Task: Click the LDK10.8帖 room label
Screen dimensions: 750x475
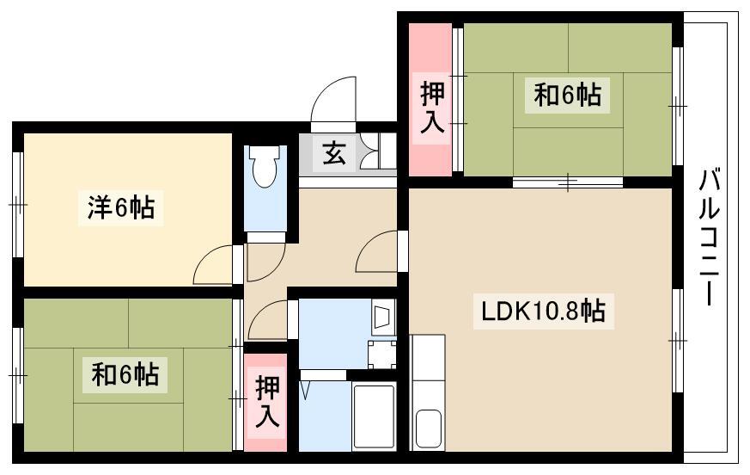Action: coord(543,312)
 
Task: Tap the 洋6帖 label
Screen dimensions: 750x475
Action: coord(121,208)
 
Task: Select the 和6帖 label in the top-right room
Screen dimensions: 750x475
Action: coord(567,95)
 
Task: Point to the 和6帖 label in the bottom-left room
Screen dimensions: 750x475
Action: coord(125,374)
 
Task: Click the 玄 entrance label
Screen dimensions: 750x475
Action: coord(334,153)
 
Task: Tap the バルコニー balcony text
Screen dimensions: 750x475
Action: coord(710,237)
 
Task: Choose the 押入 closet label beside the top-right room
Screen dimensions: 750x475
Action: coord(432,108)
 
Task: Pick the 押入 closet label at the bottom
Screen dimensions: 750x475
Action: coord(267,402)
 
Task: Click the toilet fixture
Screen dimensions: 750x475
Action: coord(265,166)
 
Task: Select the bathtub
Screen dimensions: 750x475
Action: coord(374,416)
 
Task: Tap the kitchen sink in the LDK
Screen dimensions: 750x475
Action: coord(428,429)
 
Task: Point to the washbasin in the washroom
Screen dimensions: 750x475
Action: coord(383,317)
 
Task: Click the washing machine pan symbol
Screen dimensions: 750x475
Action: coord(382,355)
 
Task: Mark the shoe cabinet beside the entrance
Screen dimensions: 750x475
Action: coord(377,151)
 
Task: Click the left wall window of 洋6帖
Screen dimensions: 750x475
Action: coord(18,205)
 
